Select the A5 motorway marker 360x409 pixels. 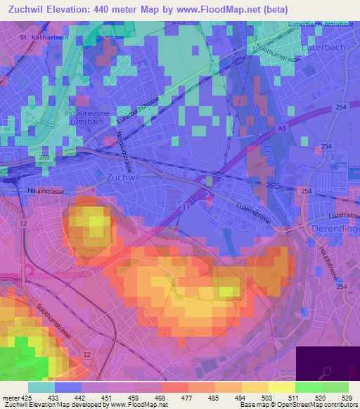tap(282, 129)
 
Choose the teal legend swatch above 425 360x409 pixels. tap(41, 387)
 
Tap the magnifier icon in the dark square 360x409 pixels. tap(327, 373)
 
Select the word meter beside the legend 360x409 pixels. tap(10, 397)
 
